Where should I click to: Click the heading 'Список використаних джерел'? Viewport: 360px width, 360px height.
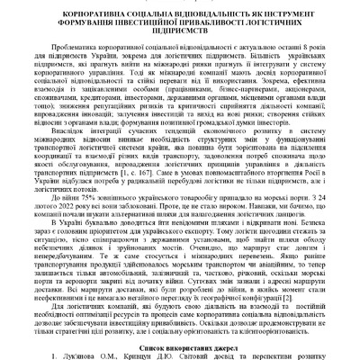click(x=180, y=337)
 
